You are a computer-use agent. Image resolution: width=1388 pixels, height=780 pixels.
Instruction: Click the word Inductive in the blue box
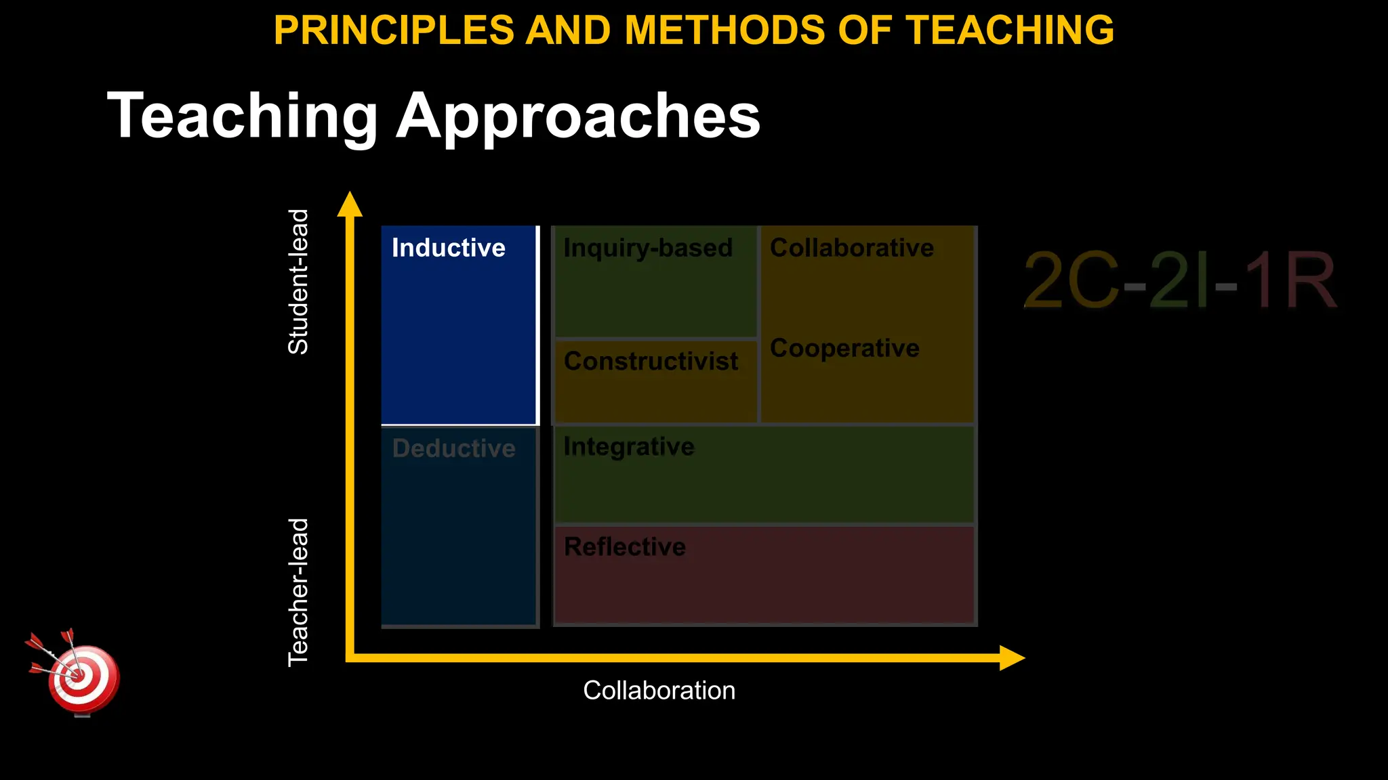coord(449,248)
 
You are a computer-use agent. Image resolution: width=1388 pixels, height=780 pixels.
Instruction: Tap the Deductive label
coord(454,448)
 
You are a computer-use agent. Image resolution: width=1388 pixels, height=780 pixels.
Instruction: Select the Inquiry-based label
coord(648,248)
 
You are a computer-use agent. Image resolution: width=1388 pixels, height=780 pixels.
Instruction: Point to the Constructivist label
coord(651,361)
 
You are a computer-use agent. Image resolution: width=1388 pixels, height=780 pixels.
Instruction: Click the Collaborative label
coord(852,248)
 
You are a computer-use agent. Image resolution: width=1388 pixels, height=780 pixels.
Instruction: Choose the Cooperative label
coord(844,348)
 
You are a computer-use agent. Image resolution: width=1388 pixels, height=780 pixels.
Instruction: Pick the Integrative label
coord(629,447)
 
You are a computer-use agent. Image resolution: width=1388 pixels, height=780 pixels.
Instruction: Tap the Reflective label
coord(625,546)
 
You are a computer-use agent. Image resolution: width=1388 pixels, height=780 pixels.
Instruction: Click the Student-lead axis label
coord(298,282)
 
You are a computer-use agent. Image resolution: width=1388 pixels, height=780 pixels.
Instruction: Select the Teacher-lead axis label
coord(298,592)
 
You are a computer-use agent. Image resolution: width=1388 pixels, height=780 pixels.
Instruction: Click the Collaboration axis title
coord(659,691)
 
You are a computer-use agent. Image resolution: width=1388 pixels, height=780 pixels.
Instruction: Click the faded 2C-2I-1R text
coord(1179,280)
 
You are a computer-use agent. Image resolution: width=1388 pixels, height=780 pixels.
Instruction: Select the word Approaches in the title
coord(578,116)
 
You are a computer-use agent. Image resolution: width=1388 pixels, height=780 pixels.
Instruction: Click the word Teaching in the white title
coord(243,116)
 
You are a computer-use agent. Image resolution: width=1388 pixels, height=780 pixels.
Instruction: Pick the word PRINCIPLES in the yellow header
coord(394,30)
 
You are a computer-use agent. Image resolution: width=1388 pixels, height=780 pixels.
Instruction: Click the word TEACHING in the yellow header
coord(1010,30)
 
